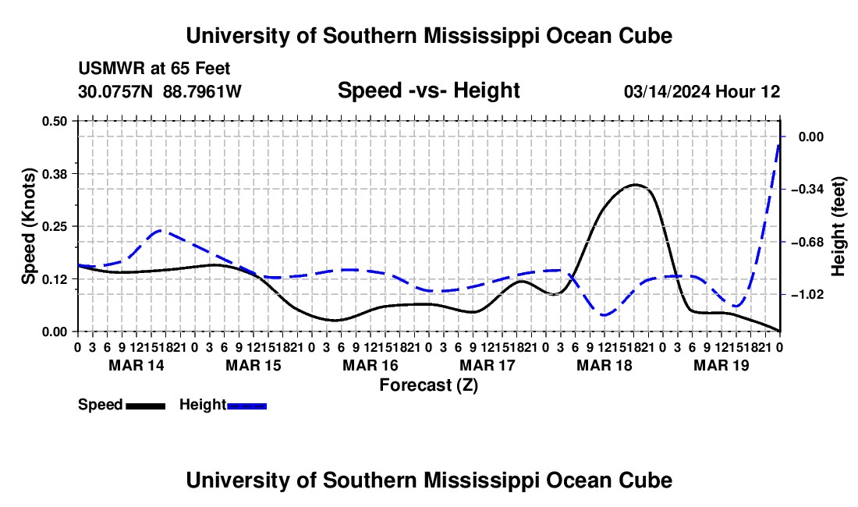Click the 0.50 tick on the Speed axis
click(54, 121)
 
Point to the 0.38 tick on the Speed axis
click(54, 174)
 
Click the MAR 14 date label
click(136, 365)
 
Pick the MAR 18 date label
click(604, 365)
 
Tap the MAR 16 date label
click(370, 365)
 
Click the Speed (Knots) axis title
click(28, 226)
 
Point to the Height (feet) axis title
click(838, 226)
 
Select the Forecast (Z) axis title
click(428, 385)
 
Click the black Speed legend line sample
click(146, 406)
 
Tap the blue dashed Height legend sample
click(246, 406)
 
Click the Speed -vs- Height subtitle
click(428, 90)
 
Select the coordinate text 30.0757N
click(115, 91)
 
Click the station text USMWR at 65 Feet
click(154, 69)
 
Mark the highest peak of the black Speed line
click(635, 185)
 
